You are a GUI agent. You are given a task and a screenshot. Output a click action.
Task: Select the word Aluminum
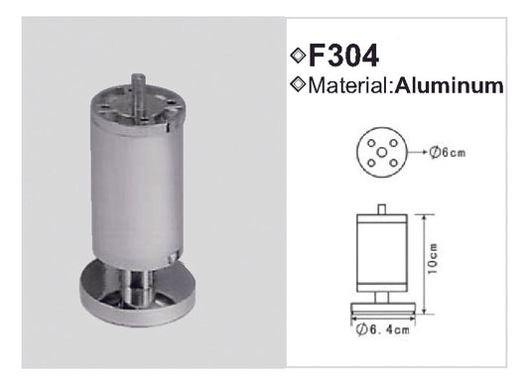pyautogui.click(x=452, y=86)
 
